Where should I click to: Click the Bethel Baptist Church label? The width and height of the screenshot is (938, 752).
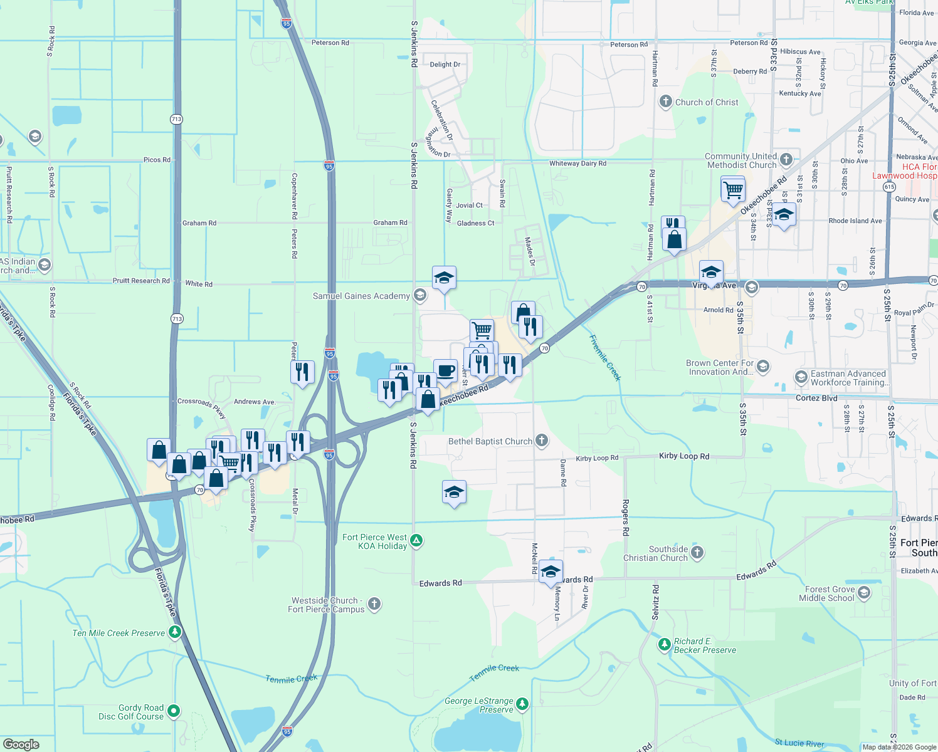click(x=490, y=442)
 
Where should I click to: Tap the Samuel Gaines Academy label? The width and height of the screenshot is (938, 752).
click(x=361, y=296)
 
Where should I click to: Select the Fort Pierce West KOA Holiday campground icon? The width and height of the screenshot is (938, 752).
click(x=416, y=540)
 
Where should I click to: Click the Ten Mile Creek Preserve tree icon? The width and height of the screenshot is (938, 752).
click(x=175, y=632)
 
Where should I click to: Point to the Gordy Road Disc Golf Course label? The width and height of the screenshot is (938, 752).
click(x=131, y=712)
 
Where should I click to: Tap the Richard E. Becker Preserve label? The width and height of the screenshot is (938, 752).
click(x=705, y=646)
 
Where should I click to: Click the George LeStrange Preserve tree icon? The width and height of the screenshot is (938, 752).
click(x=522, y=704)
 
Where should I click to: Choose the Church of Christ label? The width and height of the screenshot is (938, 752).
click(x=707, y=102)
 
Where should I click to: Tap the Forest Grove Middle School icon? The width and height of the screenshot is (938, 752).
click(x=864, y=593)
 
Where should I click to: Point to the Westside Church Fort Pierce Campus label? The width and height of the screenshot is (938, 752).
click(x=326, y=605)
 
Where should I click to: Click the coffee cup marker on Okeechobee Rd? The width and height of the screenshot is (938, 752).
click(x=445, y=370)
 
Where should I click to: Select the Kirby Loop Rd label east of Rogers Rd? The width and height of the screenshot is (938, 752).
click(x=684, y=456)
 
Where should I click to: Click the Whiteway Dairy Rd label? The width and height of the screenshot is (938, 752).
click(x=577, y=164)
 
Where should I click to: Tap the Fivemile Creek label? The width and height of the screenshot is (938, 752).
click(x=605, y=358)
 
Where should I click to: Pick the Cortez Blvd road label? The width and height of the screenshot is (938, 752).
click(x=816, y=398)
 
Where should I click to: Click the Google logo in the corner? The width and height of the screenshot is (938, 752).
click(x=21, y=744)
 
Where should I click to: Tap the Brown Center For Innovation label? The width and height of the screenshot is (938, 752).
click(x=720, y=367)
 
